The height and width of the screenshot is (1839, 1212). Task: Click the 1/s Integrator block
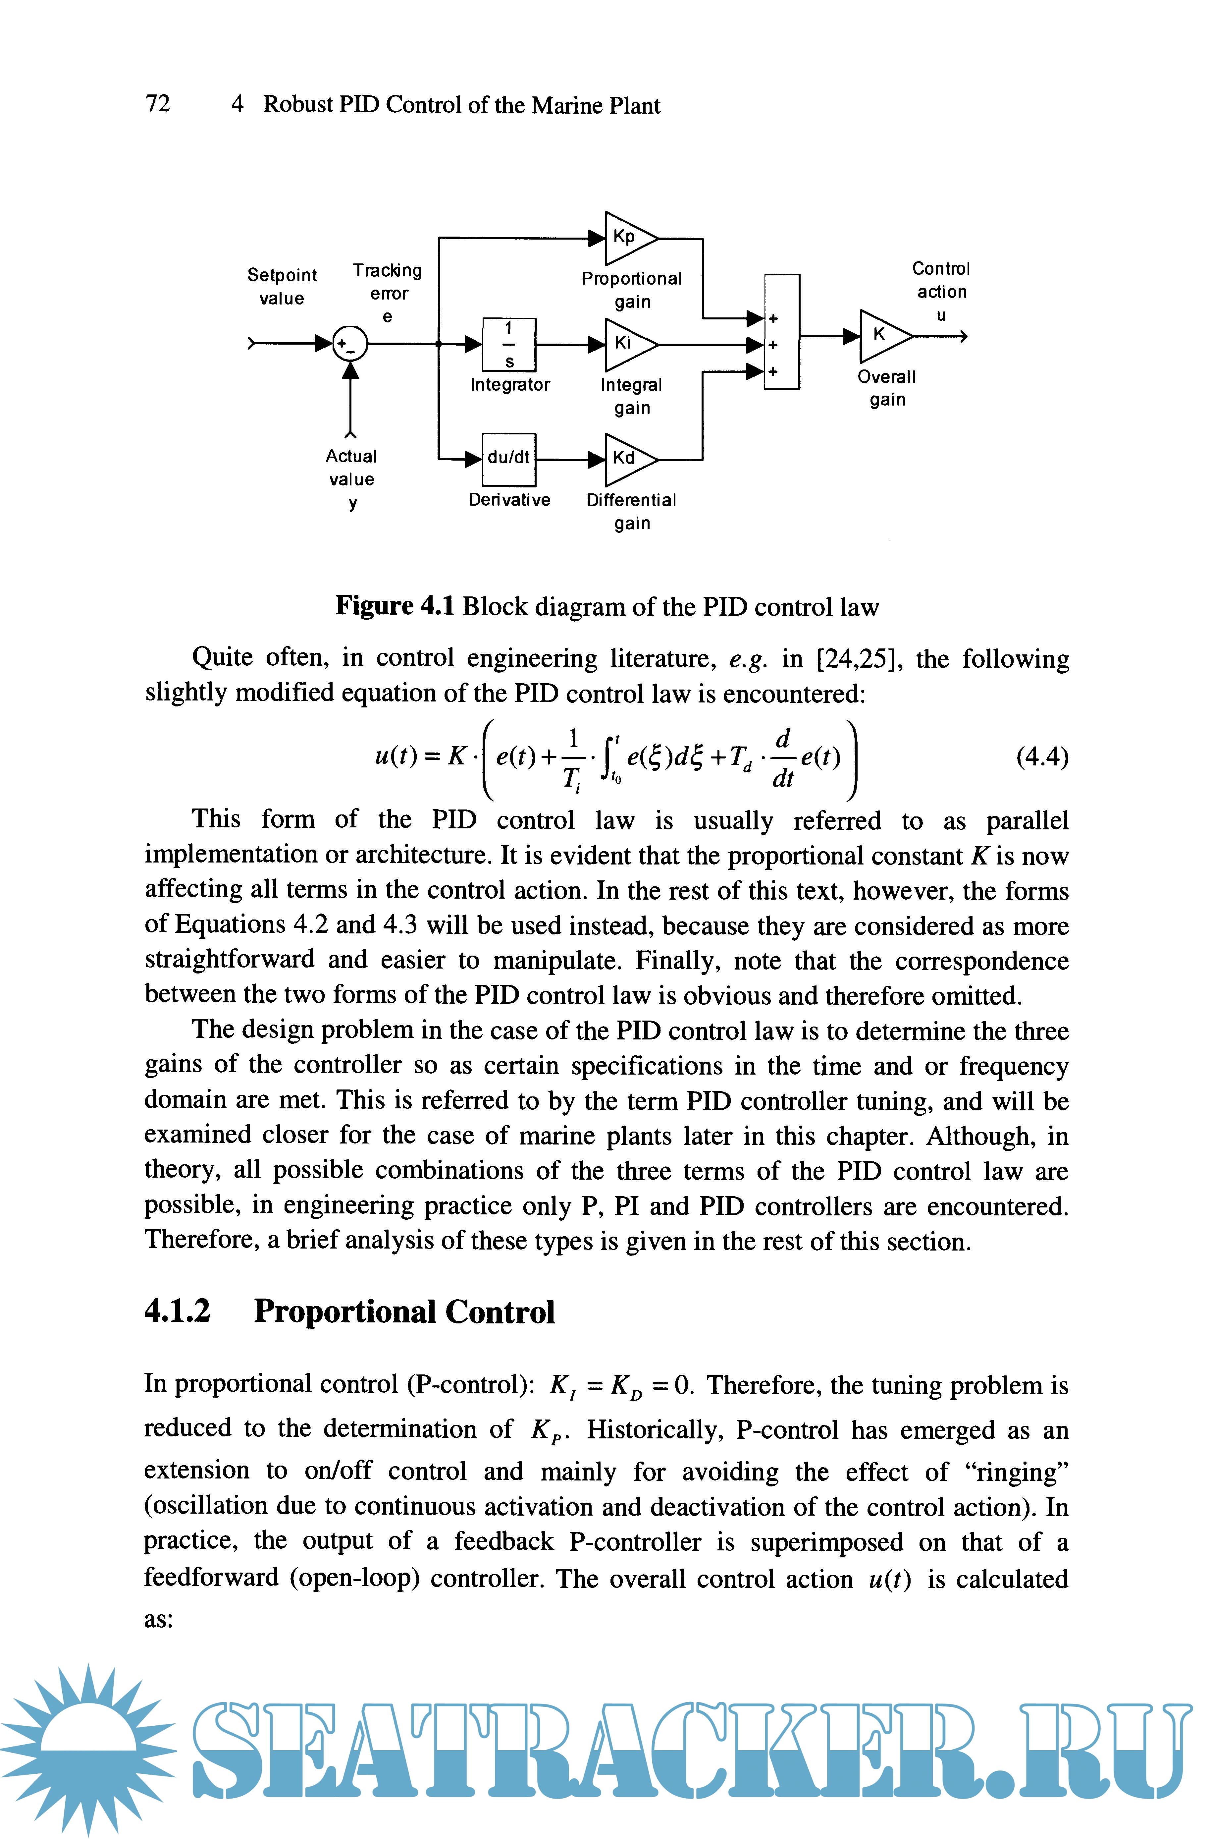point(508,344)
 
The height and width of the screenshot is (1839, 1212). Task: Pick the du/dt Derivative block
point(508,458)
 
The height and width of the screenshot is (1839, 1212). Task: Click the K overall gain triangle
point(883,335)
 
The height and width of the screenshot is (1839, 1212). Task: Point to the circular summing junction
point(350,344)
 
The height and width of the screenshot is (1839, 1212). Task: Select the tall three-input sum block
point(781,332)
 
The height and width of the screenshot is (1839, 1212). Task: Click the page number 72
point(158,104)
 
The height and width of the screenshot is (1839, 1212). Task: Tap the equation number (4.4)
point(1042,757)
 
